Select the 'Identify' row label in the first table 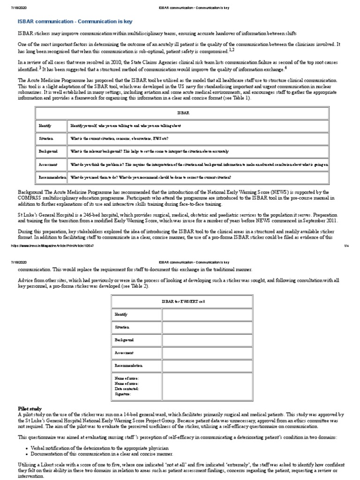[45, 126]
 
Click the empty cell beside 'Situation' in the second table [207, 327]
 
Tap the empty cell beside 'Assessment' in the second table [207, 352]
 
